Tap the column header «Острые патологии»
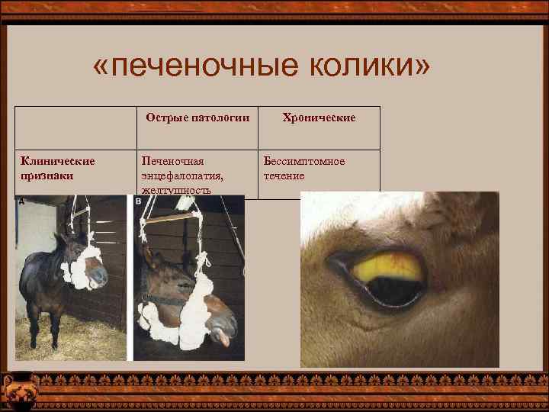coord(198,119)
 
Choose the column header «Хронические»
coord(319,119)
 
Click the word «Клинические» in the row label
coord(58,161)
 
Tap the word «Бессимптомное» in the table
coord(304,161)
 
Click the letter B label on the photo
coord(138,201)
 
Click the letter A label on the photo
coord(21,201)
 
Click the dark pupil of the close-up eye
coord(393,288)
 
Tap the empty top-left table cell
coord(76,127)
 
